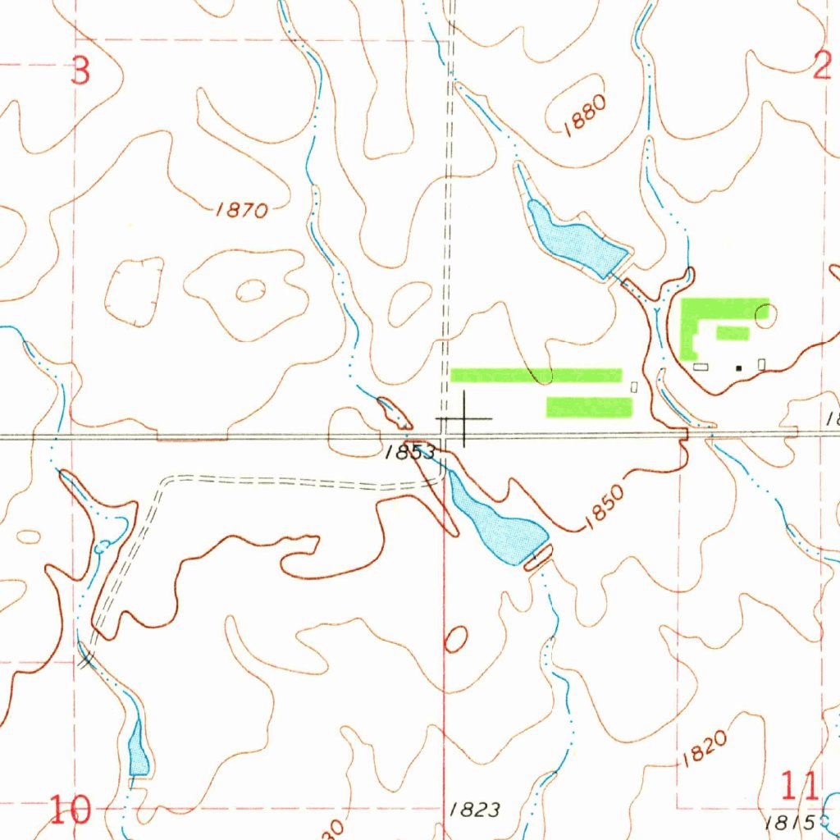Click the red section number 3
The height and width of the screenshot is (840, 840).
(80, 71)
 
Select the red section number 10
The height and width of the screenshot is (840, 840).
(69, 810)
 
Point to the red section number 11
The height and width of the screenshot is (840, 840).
(798, 787)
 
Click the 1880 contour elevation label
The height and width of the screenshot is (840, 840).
(584, 114)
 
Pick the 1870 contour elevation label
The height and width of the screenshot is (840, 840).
(242, 211)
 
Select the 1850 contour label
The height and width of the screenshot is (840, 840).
(605, 509)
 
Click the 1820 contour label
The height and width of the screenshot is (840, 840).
(703, 749)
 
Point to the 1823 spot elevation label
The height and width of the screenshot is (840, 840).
(475, 810)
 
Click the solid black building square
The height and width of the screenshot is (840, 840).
(739, 368)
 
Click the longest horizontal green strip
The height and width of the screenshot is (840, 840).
(536, 375)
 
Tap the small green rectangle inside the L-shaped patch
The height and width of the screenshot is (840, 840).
(733, 332)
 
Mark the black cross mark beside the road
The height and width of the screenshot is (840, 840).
(465, 419)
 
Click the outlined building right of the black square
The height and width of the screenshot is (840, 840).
(762, 363)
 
